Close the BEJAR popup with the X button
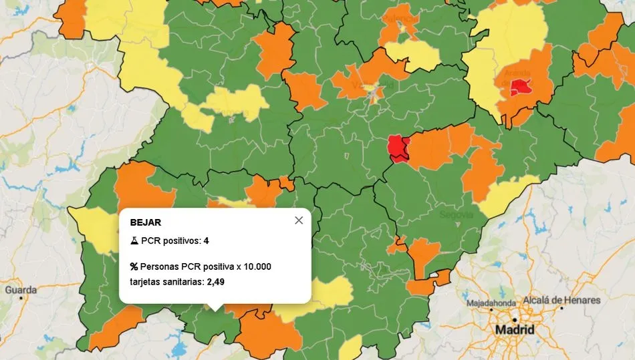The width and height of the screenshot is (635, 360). coord(299,220)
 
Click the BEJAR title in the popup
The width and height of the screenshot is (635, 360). coord(145,222)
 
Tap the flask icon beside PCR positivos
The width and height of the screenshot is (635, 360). coord(134,240)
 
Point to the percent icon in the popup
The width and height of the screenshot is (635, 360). coord(134,266)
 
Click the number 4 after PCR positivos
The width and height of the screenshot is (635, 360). coord(207,240)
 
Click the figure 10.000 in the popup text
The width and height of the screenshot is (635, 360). coord(257,266)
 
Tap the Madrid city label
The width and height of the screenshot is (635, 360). coord(514,330)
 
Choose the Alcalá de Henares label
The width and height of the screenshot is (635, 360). coord(561,300)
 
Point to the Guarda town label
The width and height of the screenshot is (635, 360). coord(21,290)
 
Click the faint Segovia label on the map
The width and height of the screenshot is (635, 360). coord(457,215)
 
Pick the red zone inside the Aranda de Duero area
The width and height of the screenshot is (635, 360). coord(520,87)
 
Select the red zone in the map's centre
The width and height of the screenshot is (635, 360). coord(398,148)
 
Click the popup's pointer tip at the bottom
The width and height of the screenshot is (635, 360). coord(215,309)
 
